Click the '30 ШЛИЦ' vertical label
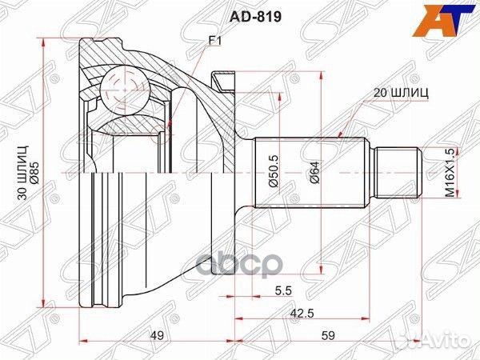click(23, 171)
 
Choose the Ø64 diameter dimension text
click(314, 172)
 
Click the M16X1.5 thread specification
click(450, 172)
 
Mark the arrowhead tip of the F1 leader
click(170, 126)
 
